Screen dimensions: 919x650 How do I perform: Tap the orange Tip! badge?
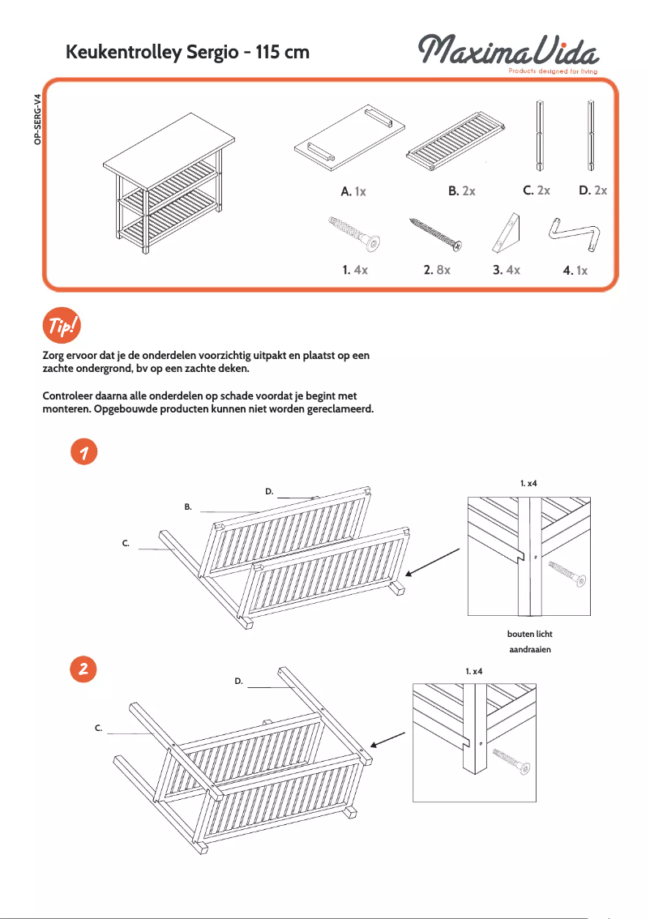[x=60, y=326]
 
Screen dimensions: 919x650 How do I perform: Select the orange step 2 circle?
[x=83, y=669]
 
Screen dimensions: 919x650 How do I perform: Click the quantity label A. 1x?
[x=353, y=192]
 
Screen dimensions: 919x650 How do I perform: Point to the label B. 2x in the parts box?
[x=461, y=191]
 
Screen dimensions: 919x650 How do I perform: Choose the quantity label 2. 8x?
[x=436, y=270]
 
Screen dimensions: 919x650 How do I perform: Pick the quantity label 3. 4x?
[x=506, y=270]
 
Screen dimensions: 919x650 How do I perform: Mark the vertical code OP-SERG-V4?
[x=36, y=120]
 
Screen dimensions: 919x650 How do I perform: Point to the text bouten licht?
[x=529, y=634]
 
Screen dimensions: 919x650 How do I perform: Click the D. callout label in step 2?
[x=239, y=682]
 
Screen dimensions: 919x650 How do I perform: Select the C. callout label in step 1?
[x=126, y=543]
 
